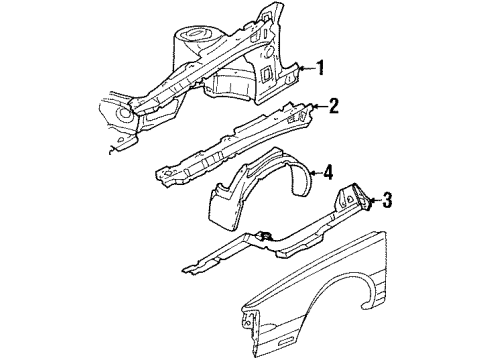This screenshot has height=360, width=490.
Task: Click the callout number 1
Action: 321,69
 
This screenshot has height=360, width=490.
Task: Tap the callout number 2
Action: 333,104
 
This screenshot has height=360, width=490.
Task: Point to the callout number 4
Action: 327,173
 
